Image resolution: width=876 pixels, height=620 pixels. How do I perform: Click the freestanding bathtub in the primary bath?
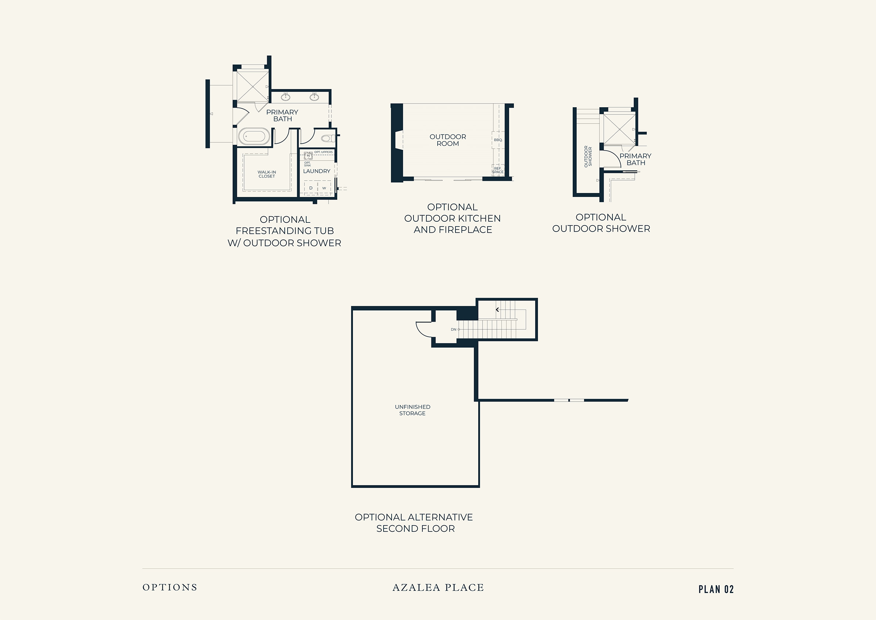coord(254,136)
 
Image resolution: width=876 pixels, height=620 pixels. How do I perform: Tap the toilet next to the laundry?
coord(328,138)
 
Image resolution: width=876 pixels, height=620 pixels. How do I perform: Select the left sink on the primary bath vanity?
coord(285,97)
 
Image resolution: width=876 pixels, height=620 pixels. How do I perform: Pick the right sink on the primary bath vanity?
coord(314,97)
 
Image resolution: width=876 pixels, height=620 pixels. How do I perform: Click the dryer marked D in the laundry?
coord(311,188)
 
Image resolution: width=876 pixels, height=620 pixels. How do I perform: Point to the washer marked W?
coord(324,188)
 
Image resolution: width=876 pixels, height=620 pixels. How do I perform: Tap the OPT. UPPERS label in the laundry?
coord(323,152)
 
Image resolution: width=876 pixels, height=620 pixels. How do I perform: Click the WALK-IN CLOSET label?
coord(267,174)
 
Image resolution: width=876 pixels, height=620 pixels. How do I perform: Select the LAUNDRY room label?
coord(317,171)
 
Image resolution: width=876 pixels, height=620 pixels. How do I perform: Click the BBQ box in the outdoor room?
coord(498,140)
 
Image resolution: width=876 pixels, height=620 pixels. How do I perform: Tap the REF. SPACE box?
coord(498,170)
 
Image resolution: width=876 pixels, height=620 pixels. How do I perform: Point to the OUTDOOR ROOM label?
coord(448,140)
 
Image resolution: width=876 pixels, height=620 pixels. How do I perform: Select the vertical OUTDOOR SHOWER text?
coord(588,156)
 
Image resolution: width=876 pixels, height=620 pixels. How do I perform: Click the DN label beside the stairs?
coord(453,329)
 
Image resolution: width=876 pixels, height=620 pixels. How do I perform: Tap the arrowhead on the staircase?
coord(497,310)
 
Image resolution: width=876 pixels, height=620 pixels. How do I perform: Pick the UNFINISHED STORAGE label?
coord(412,410)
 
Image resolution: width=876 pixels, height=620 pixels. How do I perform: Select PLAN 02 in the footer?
coord(716,589)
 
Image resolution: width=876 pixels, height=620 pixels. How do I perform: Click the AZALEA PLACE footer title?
coord(438,588)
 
